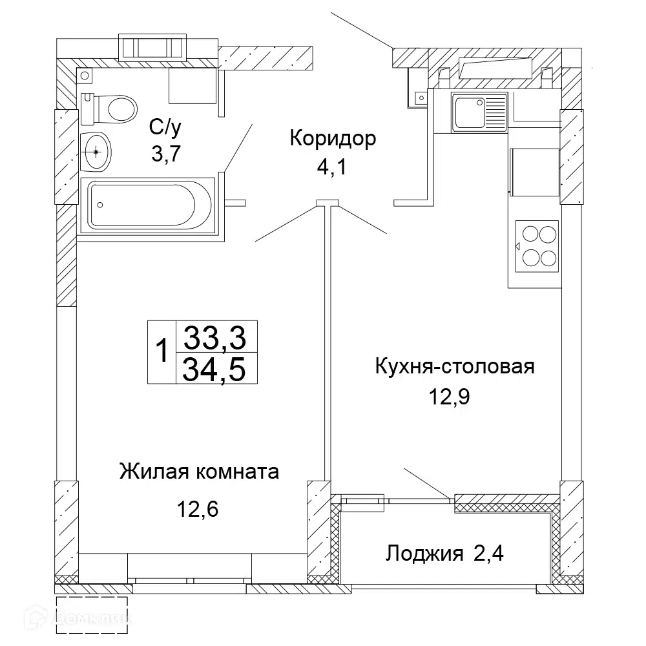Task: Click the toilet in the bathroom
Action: (109, 109)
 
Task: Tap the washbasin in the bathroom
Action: (96, 152)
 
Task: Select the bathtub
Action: (147, 205)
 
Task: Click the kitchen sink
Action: (479, 112)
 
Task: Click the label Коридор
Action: (333, 139)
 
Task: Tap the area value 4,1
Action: (332, 167)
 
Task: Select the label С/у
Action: (165, 128)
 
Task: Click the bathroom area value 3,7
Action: (166, 154)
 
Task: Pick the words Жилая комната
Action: (199, 472)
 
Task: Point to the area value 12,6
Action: (198, 509)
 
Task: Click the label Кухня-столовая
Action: (455, 366)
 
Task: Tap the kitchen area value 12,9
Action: (450, 397)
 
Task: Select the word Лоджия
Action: (424, 554)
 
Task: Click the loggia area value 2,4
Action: (488, 554)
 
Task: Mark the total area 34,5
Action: (214, 369)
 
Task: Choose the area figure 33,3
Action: (214, 337)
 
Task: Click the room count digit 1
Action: (162, 350)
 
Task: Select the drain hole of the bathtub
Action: (100, 205)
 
